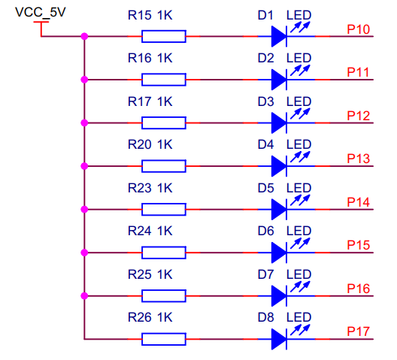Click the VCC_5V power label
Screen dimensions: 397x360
[41, 12]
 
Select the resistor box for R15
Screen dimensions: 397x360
[164, 37]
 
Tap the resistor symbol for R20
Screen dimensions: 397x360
[164, 166]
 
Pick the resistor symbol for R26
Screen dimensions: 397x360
[164, 339]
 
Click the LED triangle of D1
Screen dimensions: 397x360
[279, 37]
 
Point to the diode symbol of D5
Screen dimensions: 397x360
[279, 210]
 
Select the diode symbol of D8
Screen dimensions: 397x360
[279, 339]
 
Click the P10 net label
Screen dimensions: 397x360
[358, 29]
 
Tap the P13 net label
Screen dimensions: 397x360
[358, 159]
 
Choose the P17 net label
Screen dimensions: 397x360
[358, 332]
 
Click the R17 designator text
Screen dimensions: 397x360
[140, 101]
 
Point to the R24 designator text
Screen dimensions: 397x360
[140, 231]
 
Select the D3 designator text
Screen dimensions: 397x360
[266, 101]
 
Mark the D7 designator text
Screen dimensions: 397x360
[266, 274]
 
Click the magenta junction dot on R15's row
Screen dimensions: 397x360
[84, 37]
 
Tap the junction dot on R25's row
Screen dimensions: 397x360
[84, 295]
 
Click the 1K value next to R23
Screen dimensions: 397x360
[165, 188]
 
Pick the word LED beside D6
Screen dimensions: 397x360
[299, 231]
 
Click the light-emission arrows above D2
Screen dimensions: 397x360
[300, 70]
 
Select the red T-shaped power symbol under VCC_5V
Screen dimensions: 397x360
[41, 29]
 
